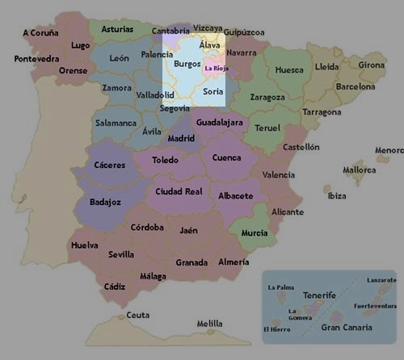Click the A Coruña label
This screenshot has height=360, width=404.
click(x=41, y=33)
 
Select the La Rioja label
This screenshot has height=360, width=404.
click(x=217, y=69)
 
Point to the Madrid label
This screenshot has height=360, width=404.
click(x=181, y=138)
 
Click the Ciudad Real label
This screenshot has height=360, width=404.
click(x=179, y=191)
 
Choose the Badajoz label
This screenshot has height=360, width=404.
click(x=106, y=202)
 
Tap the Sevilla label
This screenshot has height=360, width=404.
click(x=121, y=254)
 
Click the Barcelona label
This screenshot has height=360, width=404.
click(x=356, y=86)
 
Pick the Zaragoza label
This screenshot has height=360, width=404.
click(x=267, y=97)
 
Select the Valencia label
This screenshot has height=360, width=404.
click(x=279, y=174)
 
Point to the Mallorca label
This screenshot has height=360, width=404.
click(x=359, y=170)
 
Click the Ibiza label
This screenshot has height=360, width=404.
click(x=337, y=195)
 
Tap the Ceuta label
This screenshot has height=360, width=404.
click(x=138, y=315)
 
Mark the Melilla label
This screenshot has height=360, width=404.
click(x=209, y=324)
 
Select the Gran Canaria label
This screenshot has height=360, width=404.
click(x=347, y=327)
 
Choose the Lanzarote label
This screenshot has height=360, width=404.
click(x=381, y=280)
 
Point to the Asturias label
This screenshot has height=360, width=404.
click(x=118, y=29)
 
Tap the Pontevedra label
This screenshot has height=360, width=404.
click(x=36, y=59)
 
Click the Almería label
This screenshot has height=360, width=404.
click(x=234, y=262)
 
